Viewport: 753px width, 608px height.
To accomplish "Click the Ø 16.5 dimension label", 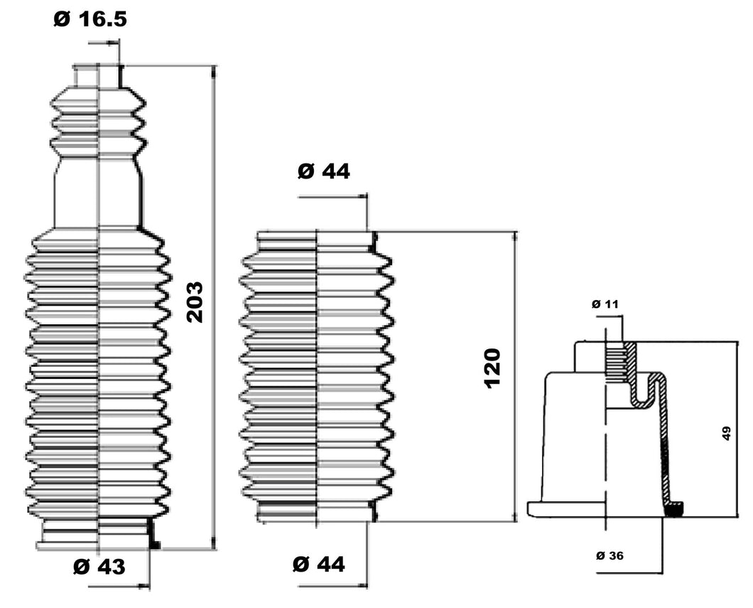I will (x=90, y=19).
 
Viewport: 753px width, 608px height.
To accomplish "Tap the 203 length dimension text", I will (x=194, y=302).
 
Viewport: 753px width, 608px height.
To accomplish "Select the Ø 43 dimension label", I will (x=99, y=567).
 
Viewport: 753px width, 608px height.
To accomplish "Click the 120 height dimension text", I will (x=492, y=368).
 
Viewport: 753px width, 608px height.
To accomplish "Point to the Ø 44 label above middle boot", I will (x=324, y=171).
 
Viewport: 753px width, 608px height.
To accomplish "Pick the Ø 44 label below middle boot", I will (x=319, y=565).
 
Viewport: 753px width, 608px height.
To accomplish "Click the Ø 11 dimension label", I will (x=606, y=304).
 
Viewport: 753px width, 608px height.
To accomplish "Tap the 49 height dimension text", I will (x=727, y=434).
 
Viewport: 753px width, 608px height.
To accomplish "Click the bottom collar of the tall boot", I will (x=97, y=533).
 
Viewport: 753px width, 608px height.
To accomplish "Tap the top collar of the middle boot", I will (x=316, y=239).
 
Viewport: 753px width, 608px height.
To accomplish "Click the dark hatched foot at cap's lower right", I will (x=675, y=508).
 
